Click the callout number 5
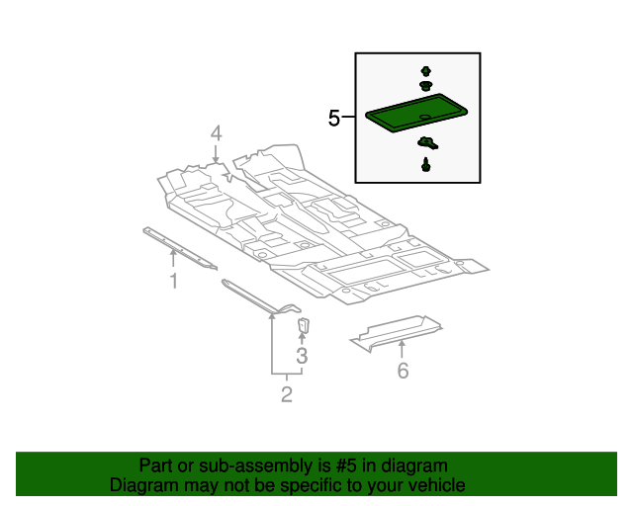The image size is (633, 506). [x=334, y=119]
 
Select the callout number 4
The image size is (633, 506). [x=216, y=133]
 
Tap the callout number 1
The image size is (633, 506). [x=173, y=282]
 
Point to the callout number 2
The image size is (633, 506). [x=287, y=395]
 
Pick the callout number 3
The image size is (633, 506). [x=302, y=356]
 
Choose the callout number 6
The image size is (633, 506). [x=403, y=371]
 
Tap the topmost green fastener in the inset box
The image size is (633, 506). [x=426, y=71]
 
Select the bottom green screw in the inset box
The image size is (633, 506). [x=426, y=165]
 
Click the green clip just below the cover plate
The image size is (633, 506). [x=428, y=144]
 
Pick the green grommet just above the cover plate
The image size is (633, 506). [x=426, y=86]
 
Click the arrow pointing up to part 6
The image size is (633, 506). [x=403, y=348]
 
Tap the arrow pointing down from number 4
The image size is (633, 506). [x=216, y=152]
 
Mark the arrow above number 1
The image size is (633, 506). [x=173, y=259]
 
